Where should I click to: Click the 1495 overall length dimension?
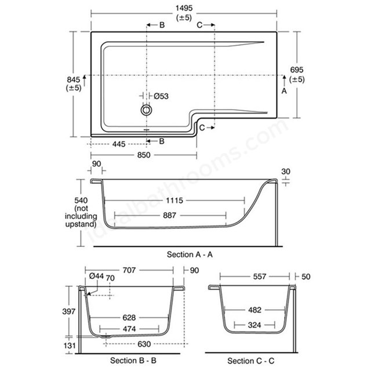[x=184, y=8]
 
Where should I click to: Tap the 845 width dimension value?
[x=74, y=79]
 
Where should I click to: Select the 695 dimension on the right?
[x=297, y=70]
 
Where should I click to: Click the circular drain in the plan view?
[x=146, y=110]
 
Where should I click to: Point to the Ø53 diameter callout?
[x=161, y=96]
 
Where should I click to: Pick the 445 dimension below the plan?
[x=119, y=144]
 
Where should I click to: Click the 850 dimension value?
[x=144, y=155]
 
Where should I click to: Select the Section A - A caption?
[x=190, y=254]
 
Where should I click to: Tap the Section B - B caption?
[x=133, y=361]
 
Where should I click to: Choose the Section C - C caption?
[x=251, y=361]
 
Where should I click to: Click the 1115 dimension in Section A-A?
[x=174, y=201]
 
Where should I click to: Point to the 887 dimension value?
[x=169, y=215]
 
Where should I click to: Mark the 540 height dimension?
[x=81, y=201]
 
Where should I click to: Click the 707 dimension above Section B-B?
[x=129, y=270]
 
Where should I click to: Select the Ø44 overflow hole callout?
[x=97, y=276]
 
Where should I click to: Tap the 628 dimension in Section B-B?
[x=129, y=318]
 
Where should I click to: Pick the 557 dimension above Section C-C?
[x=260, y=277]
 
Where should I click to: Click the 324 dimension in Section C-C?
[x=254, y=325]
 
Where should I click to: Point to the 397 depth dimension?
[x=68, y=311]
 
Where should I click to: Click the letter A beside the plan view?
[x=284, y=91]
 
